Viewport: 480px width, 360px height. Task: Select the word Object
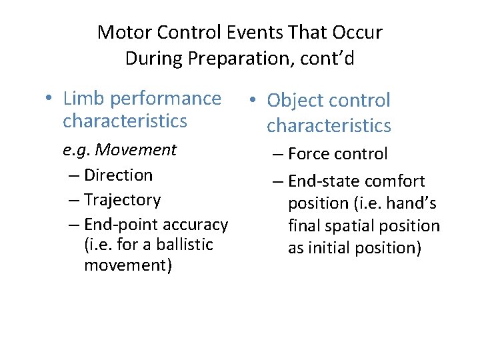295,101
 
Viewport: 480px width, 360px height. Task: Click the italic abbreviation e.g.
75,150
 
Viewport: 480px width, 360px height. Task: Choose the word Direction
119,175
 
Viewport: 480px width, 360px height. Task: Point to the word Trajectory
123,200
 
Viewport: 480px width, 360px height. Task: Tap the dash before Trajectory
73,200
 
